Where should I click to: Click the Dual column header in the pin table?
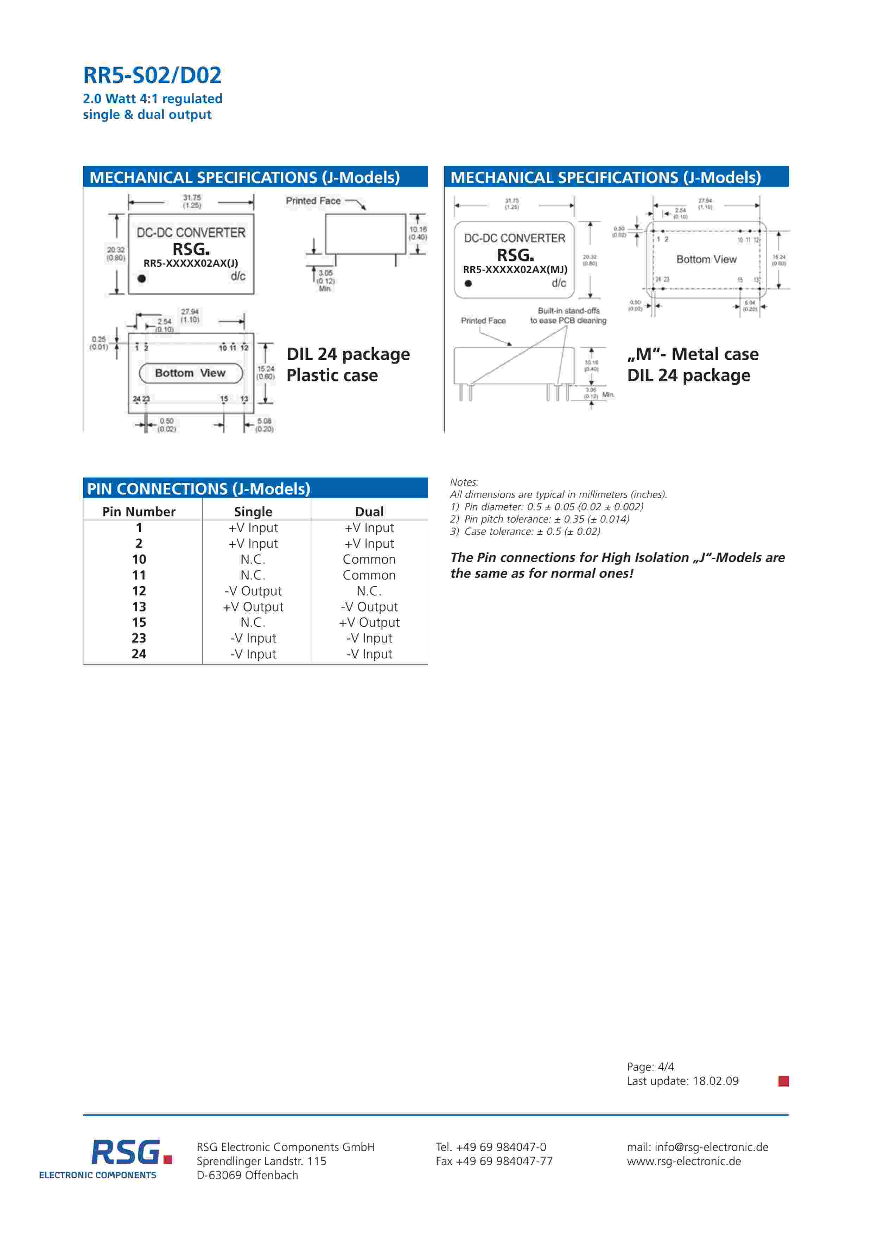[x=369, y=511]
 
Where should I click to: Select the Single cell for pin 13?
[x=253, y=607]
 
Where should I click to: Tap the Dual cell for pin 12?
[x=369, y=591]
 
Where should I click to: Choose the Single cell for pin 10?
[x=253, y=559]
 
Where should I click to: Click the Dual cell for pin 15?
[x=369, y=622]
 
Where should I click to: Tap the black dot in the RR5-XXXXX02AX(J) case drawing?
[x=142, y=278]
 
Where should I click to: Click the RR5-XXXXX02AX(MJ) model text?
[x=515, y=270]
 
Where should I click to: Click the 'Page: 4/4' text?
[x=650, y=1067]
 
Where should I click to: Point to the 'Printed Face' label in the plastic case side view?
[x=313, y=201]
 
